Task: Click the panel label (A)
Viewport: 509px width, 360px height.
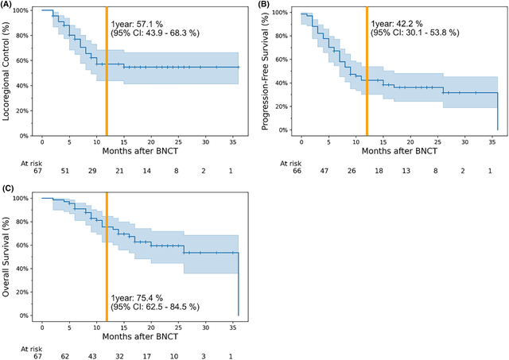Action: point(9,6)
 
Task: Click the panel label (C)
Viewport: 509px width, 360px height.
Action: point(9,188)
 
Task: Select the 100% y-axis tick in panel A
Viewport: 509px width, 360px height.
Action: point(21,11)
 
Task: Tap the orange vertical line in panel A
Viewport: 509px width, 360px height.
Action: point(107,72)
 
